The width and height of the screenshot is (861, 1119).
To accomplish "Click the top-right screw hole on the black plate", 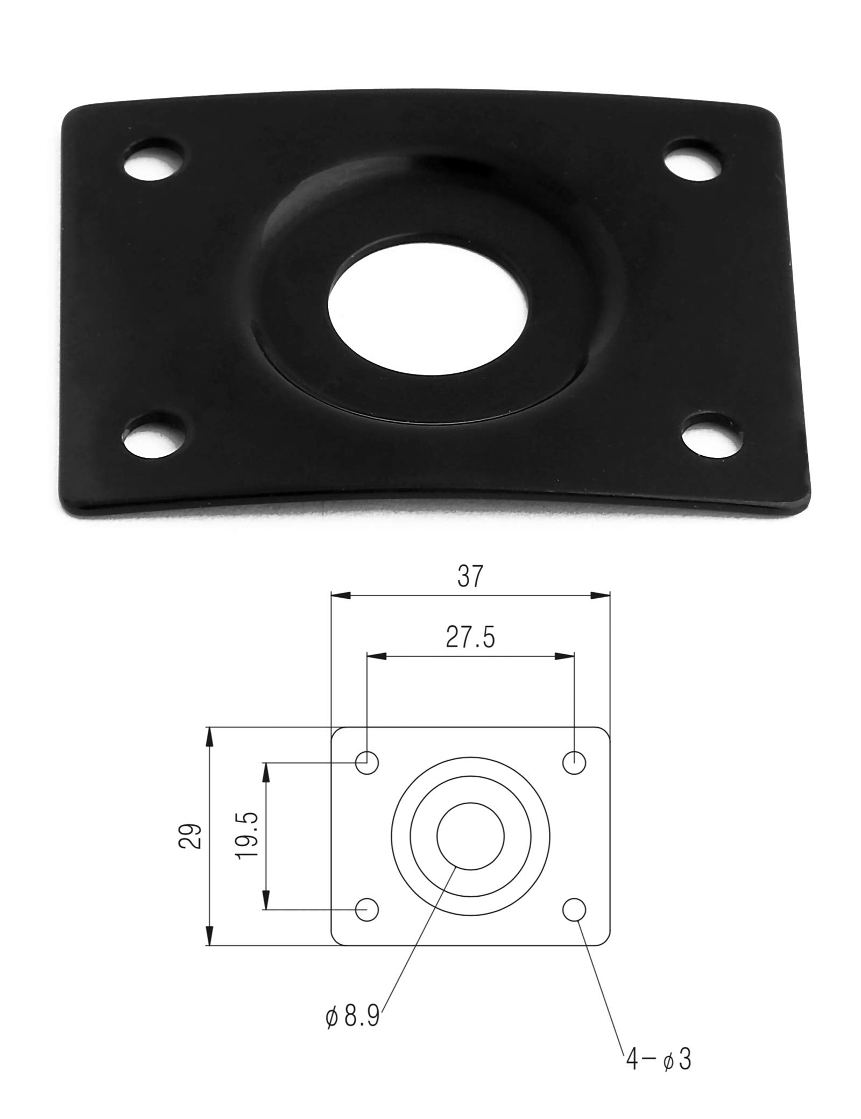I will tap(693, 161).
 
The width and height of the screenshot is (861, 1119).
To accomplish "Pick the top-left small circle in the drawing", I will tap(368, 762).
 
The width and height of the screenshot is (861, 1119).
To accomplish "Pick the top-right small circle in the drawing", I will tap(574, 762).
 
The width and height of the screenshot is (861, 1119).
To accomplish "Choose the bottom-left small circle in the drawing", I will tap(368, 910).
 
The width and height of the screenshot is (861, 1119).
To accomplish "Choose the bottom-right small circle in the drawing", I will tap(574, 910).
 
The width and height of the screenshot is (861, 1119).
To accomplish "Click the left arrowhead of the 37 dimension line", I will tap(340, 596).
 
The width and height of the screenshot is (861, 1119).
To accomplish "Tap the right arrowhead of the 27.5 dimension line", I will tap(564, 656).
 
